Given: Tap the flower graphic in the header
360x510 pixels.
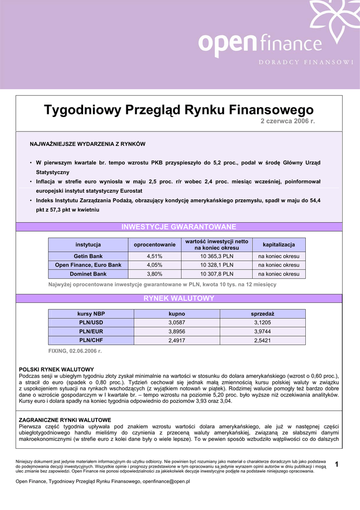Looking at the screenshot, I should pyautogui.click(x=334, y=17).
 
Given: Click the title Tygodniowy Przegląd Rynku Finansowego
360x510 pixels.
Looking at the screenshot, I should pyautogui.click(x=179, y=110).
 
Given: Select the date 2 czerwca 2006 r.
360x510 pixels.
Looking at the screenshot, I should pyautogui.click(x=288, y=122).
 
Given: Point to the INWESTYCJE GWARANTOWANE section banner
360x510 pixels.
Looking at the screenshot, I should pyautogui.click(x=179, y=227).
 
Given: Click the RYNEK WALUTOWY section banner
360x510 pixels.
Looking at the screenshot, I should pyautogui.click(x=179, y=298).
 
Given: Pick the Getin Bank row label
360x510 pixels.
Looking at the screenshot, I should pyautogui.click(x=89, y=256).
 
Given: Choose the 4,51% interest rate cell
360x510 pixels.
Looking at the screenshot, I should pyautogui.click(x=155, y=256).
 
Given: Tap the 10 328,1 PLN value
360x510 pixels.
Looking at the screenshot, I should pyautogui.click(x=217, y=265).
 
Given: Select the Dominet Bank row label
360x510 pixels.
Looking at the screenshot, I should pyautogui.click(x=89, y=274).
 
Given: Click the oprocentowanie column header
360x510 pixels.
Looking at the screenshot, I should pyautogui.click(x=155, y=245).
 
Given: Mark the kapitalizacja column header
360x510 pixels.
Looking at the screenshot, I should pyautogui.click(x=279, y=245).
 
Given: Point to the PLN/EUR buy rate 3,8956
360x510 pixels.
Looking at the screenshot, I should pyautogui.click(x=177, y=332).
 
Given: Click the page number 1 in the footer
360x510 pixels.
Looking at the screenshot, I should pyautogui.click(x=337, y=465).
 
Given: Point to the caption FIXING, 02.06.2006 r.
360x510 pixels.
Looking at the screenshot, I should pyautogui.click(x=75, y=351).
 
